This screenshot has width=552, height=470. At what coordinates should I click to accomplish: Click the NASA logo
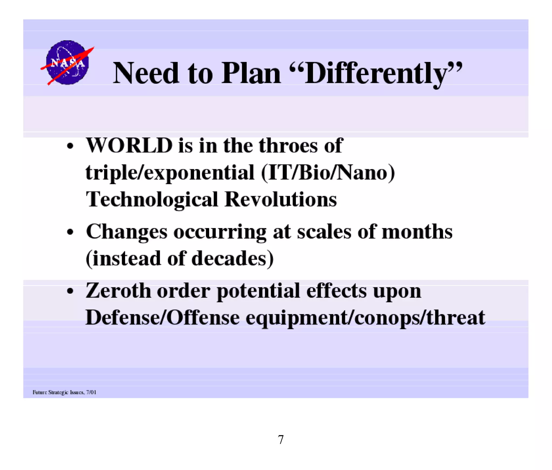click(67, 62)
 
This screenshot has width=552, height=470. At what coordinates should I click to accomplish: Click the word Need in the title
click(146, 73)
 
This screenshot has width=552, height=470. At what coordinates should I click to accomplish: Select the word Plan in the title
click(251, 73)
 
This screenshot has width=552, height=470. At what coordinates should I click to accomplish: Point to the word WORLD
click(129, 145)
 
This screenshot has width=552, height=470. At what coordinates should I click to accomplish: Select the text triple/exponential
click(170, 173)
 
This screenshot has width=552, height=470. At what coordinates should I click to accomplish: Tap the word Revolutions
click(281, 200)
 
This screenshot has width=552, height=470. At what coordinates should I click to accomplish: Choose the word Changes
click(127, 232)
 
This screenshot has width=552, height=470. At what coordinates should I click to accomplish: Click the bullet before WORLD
click(70, 146)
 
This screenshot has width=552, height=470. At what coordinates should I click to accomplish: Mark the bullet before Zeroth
click(70, 291)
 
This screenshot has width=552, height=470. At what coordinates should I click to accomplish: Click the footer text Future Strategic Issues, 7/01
click(64, 392)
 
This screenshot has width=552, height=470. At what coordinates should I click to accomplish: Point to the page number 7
click(281, 440)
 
